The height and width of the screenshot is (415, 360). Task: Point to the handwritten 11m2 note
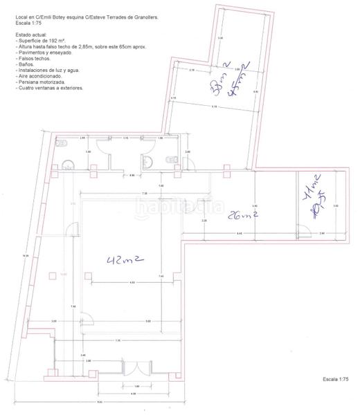click(x=312, y=187)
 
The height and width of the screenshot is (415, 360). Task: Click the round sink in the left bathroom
click(x=68, y=165)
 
